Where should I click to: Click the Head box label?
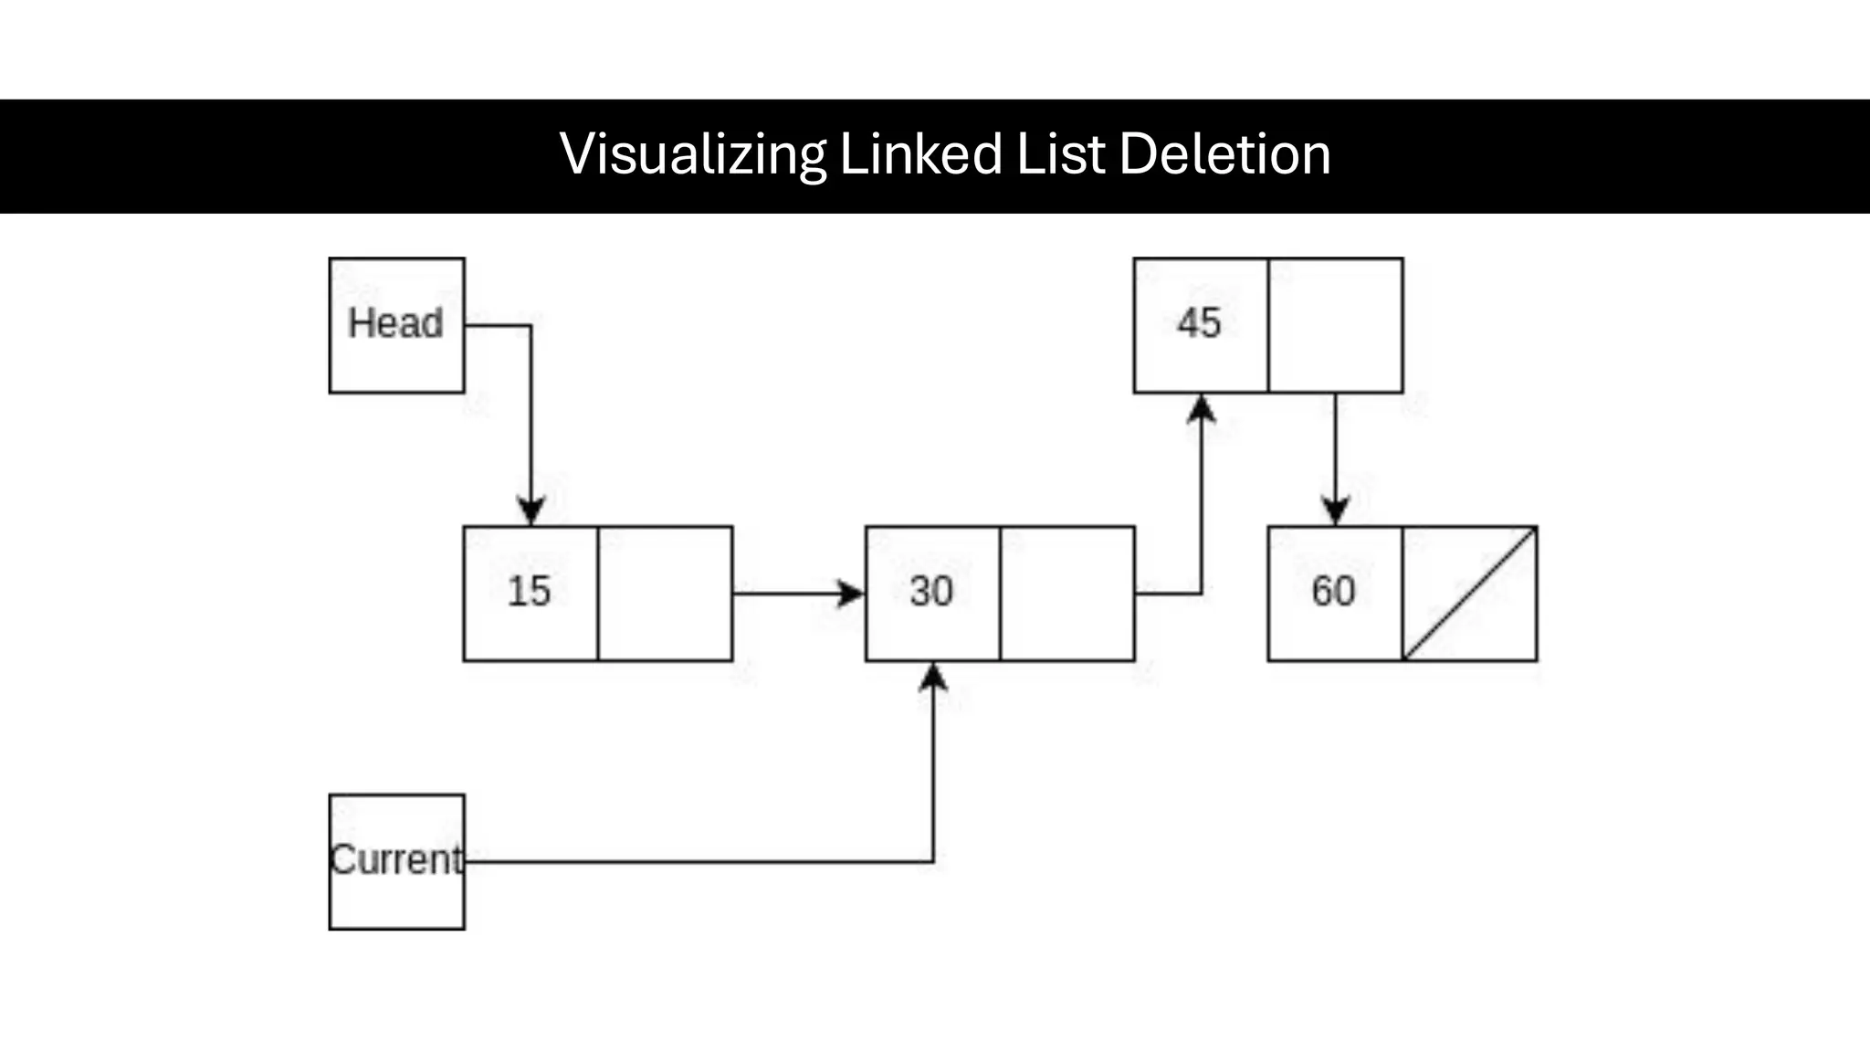[395, 323]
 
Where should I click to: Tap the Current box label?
[396, 859]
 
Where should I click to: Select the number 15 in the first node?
[529, 591]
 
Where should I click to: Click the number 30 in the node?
[931, 591]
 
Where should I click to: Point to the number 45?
[1199, 323]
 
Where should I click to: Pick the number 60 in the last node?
[1333, 591]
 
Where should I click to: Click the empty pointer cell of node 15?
[665, 594]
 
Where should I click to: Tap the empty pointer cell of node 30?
[1067, 594]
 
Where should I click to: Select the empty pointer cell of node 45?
[1336, 325]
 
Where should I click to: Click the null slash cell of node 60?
[1470, 594]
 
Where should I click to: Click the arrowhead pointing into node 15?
[531, 510]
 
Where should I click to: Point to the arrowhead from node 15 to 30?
[850, 594]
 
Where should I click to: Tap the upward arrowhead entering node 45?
[1202, 409]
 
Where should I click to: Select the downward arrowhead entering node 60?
[1336, 510]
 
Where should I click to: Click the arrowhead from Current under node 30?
[933, 678]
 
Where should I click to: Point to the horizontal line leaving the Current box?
[694, 861]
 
